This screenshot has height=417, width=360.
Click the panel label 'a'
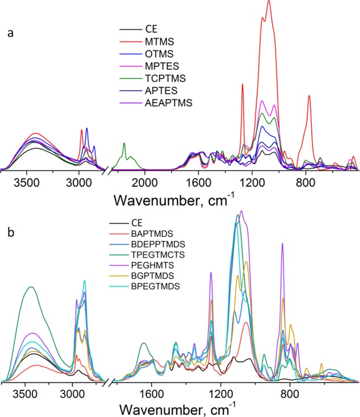click(x=10, y=33)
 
